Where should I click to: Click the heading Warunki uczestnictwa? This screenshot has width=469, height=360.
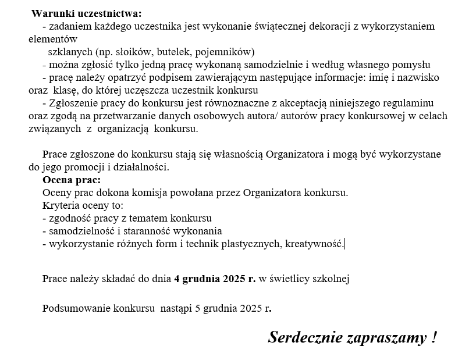86,13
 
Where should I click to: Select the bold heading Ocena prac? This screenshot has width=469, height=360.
71,180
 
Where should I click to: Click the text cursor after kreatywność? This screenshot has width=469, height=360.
345,244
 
